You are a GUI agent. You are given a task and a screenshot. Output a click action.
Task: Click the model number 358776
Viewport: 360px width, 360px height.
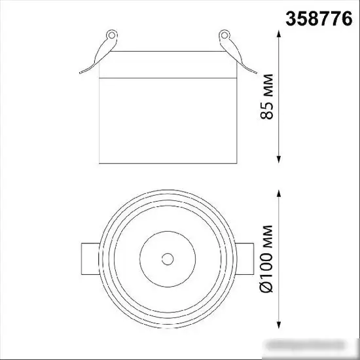(x=319, y=19)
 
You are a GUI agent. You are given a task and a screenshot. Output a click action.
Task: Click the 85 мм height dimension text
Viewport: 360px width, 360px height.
(x=267, y=97)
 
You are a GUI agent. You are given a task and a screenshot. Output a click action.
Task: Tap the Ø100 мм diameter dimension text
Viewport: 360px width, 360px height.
(x=266, y=259)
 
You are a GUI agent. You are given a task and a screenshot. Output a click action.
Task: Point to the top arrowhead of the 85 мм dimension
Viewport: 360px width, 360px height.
(x=279, y=34)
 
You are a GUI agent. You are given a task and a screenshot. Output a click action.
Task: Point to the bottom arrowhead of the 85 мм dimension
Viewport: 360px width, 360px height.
(x=279, y=160)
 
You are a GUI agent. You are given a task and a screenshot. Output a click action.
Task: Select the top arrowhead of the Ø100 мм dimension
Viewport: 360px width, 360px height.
(x=279, y=193)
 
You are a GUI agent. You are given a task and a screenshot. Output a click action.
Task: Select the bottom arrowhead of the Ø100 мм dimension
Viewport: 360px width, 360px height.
(x=279, y=325)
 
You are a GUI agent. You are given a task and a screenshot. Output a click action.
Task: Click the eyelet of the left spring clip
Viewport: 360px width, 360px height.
(x=112, y=35)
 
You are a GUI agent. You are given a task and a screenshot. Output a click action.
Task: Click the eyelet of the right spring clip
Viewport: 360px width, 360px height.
(x=225, y=35)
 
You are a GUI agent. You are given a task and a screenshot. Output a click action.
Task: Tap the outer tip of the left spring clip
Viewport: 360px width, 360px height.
(x=80, y=73)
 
